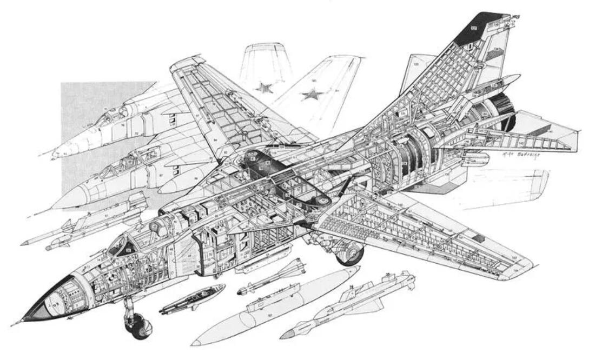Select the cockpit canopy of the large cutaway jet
click(122, 245)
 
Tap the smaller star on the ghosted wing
click(265, 86)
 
